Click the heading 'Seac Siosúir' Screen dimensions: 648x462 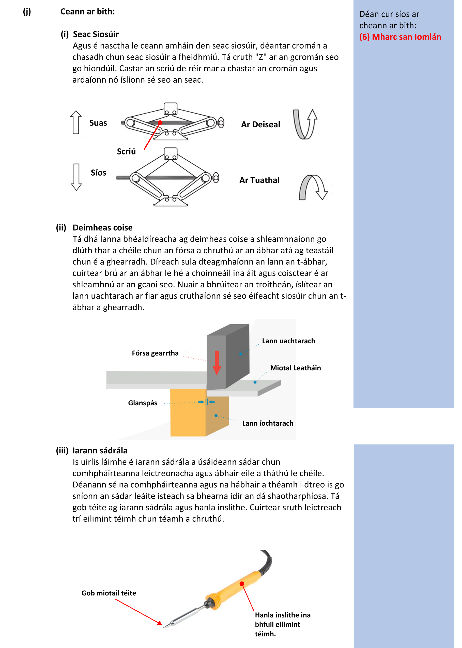[96, 34]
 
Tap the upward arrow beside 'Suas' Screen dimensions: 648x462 [76, 122]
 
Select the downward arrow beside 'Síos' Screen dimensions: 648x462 [76, 177]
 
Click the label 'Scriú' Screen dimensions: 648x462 [126, 151]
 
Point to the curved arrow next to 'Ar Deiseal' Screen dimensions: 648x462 [305, 124]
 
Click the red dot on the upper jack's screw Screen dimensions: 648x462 [160, 122]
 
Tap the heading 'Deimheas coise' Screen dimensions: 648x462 [102, 228]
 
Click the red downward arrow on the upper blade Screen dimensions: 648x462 [217, 362]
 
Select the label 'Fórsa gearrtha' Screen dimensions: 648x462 [155, 353]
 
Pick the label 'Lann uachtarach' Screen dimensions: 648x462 [288, 341]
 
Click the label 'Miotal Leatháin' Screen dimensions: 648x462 [295, 368]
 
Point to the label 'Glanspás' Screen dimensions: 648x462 [143, 403]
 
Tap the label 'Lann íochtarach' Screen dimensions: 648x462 [267, 423]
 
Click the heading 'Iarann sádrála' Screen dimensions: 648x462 [100, 451]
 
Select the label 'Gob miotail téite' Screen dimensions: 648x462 [109, 593]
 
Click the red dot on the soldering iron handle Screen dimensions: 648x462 [242, 584]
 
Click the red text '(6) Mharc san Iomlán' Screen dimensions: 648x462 [400, 37]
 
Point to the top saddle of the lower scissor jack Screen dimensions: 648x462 [171, 153]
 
